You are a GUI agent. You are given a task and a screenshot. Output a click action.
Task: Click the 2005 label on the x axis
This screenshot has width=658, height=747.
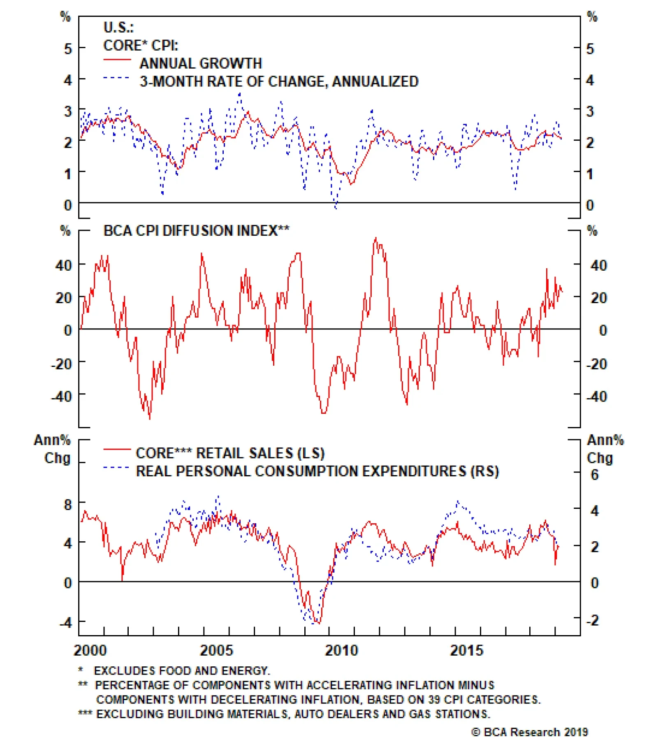216,650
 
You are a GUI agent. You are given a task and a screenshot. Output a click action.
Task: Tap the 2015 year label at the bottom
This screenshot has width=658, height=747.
466,650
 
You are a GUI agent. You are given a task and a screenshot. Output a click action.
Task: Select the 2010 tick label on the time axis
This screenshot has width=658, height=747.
341,650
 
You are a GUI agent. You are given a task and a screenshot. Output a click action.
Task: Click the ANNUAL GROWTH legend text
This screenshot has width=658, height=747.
201,63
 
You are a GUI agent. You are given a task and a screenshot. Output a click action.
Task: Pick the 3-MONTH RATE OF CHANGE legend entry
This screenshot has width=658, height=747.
279,81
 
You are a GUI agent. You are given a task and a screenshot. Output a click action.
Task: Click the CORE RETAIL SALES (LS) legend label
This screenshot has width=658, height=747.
230,453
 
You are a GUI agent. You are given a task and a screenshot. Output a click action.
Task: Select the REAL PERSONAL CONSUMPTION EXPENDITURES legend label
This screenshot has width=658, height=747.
317,471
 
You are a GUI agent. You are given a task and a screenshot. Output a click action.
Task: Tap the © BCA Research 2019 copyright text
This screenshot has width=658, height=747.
530,732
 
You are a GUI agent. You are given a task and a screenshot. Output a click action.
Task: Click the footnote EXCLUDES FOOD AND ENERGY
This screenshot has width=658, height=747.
182,670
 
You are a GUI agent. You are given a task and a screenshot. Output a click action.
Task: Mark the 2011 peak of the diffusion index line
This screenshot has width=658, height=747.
375,238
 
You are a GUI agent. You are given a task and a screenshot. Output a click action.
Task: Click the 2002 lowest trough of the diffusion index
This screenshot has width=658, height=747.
150,419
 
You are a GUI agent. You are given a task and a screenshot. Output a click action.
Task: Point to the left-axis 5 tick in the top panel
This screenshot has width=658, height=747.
68,49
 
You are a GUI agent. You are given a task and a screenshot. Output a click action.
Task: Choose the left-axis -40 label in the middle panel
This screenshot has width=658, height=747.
61,397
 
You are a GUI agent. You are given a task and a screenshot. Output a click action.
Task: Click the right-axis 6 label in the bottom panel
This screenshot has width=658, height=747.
595,475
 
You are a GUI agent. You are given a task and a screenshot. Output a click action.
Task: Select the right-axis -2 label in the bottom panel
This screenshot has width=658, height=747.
592,620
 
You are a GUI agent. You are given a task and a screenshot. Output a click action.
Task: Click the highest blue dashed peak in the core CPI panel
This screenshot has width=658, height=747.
240,94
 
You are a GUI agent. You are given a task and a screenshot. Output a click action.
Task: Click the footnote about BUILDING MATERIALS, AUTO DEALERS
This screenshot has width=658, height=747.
293,714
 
